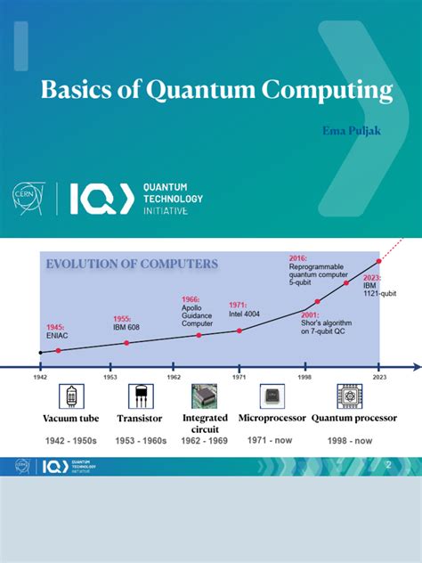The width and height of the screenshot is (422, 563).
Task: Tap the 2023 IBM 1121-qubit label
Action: coord(379,285)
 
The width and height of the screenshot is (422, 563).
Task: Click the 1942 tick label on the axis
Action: coord(40,376)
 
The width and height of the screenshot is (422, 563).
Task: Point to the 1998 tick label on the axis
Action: coord(305,376)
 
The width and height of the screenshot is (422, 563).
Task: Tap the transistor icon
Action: coord(140,396)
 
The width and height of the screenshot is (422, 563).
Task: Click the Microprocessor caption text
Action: coord(272,418)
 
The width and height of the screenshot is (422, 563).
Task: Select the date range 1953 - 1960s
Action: coord(141,441)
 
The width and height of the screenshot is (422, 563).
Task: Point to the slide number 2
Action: coord(388,466)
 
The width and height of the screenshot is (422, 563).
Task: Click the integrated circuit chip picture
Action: coord(205,396)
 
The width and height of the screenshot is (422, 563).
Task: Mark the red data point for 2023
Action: coord(378,261)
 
